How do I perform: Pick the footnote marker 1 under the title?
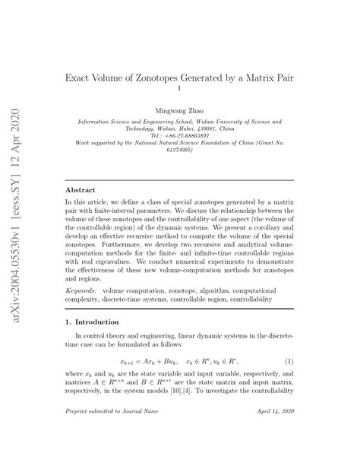(179, 89)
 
